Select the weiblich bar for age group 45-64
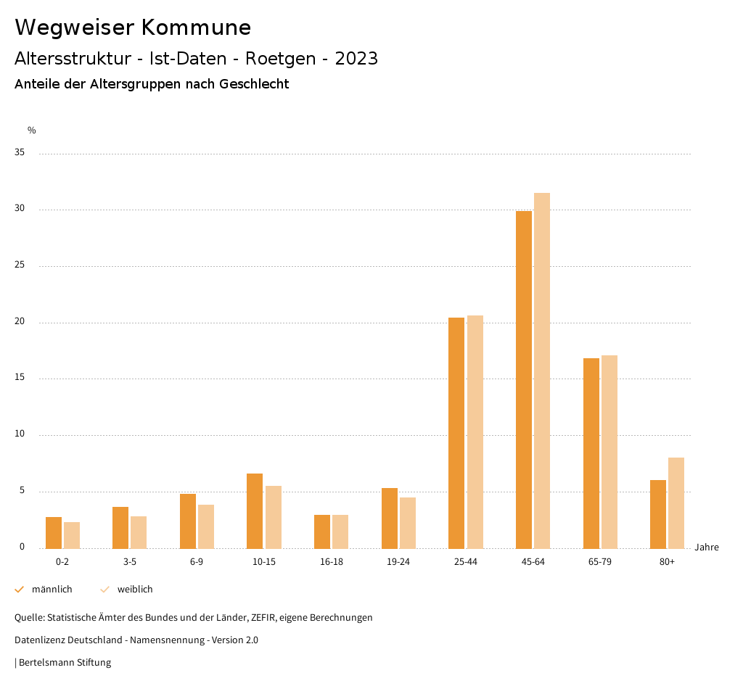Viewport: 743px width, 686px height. (x=542, y=371)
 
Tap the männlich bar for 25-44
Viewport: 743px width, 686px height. (x=456, y=433)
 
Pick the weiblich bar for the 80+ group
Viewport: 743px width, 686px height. (x=676, y=503)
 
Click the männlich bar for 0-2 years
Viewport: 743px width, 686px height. (x=54, y=533)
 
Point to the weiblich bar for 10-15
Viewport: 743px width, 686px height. (x=274, y=517)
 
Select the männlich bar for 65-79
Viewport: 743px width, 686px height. (x=591, y=453)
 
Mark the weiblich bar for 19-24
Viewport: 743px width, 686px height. (x=408, y=523)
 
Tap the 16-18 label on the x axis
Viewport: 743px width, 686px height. (x=331, y=562)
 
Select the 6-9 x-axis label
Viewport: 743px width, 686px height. (x=197, y=562)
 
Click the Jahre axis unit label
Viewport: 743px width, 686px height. (x=706, y=547)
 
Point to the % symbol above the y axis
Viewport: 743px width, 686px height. (x=32, y=131)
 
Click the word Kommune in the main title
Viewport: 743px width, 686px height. (x=196, y=28)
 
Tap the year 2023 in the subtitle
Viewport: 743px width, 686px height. (x=356, y=59)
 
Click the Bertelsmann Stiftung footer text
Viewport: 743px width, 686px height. (x=65, y=663)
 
